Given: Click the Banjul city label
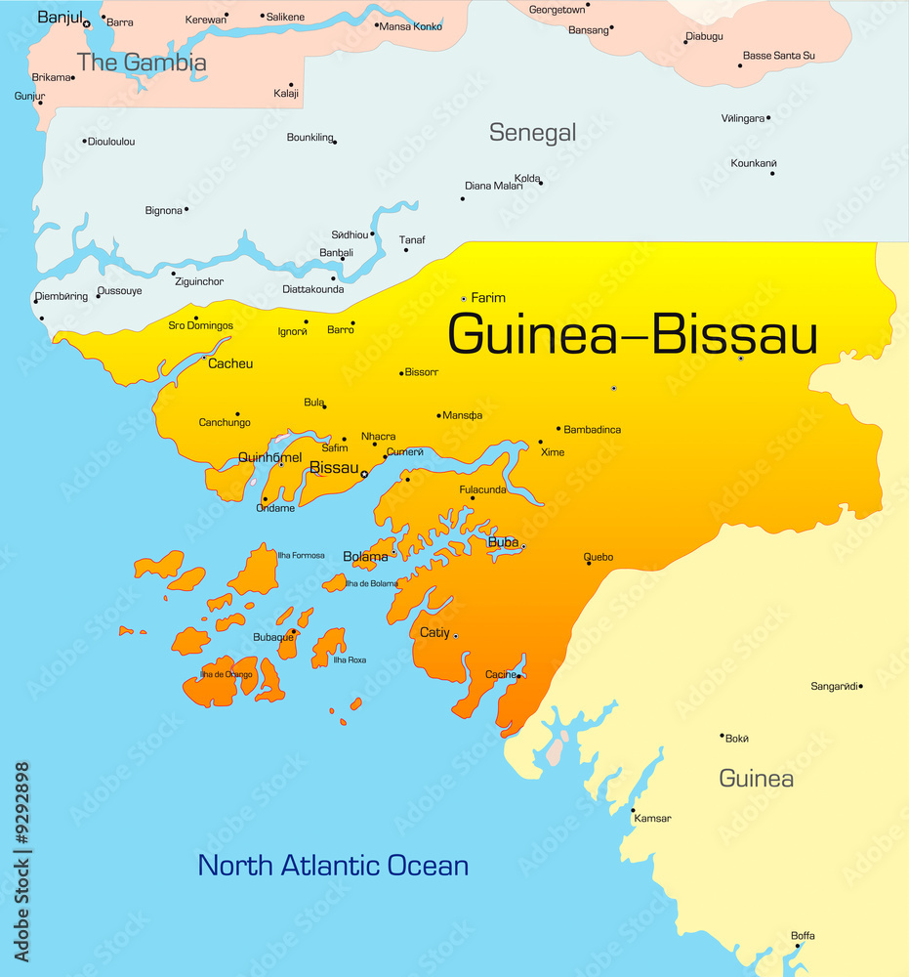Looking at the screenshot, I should [x=58, y=17].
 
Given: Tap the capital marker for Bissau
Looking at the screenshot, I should [x=364, y=475].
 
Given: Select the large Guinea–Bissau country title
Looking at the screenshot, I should [x=632, y=334].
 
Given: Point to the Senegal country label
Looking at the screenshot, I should [x=532, y=132].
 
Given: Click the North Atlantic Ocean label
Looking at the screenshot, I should [x=333, y=865].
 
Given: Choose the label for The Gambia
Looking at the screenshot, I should [x=142, y=63].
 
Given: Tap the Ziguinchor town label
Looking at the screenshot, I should [x=198, y=281].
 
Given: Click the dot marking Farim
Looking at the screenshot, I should [x=464, y=298].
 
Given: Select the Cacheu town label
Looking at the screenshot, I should [x=230, y=363].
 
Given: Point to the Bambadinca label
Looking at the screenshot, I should [x=593, y=429].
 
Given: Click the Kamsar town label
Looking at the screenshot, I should [x=652, y=819].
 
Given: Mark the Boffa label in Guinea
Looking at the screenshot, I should [x=803, y=936].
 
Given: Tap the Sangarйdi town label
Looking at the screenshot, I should [x=835, y=686].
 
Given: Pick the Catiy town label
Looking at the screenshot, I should [x=434, y=632].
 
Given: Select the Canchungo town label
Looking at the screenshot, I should [x=225, y=422].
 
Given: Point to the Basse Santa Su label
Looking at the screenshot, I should [x=778, y=56].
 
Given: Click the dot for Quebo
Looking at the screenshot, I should [x=588, y=564].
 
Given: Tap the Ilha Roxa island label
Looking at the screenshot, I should [x=350, y=659].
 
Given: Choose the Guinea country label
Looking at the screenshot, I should [x=756, y=779].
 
